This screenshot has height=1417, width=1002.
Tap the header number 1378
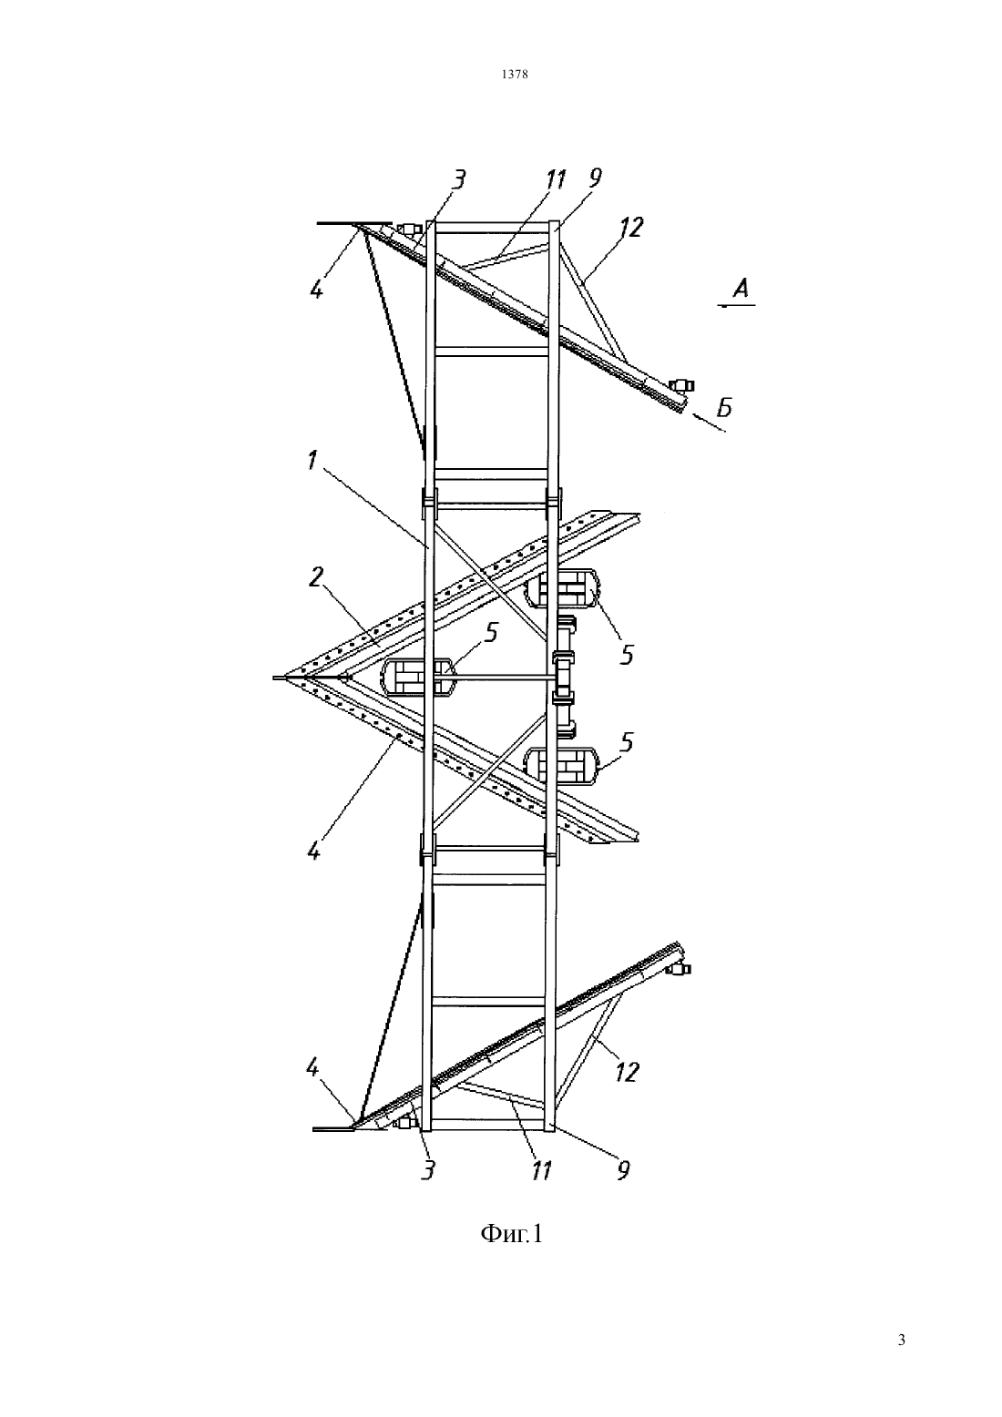click(x=515, y=74)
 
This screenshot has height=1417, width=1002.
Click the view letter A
click(x=741, y=289)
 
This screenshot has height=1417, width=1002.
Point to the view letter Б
click(x=724, y=409)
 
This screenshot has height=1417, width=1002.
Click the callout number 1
click(x=312, y=460)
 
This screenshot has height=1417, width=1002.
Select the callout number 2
click(x=316, y=577)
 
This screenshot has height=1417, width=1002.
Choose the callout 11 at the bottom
click(x=541, y=1171)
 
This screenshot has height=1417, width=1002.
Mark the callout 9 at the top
click(x=596, y=178)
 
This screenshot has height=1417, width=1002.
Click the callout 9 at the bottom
click(x=624, y=1170)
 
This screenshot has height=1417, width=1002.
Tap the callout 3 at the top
click(x=458, y=179)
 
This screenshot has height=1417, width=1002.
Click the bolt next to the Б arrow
click(x=682, y=384)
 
